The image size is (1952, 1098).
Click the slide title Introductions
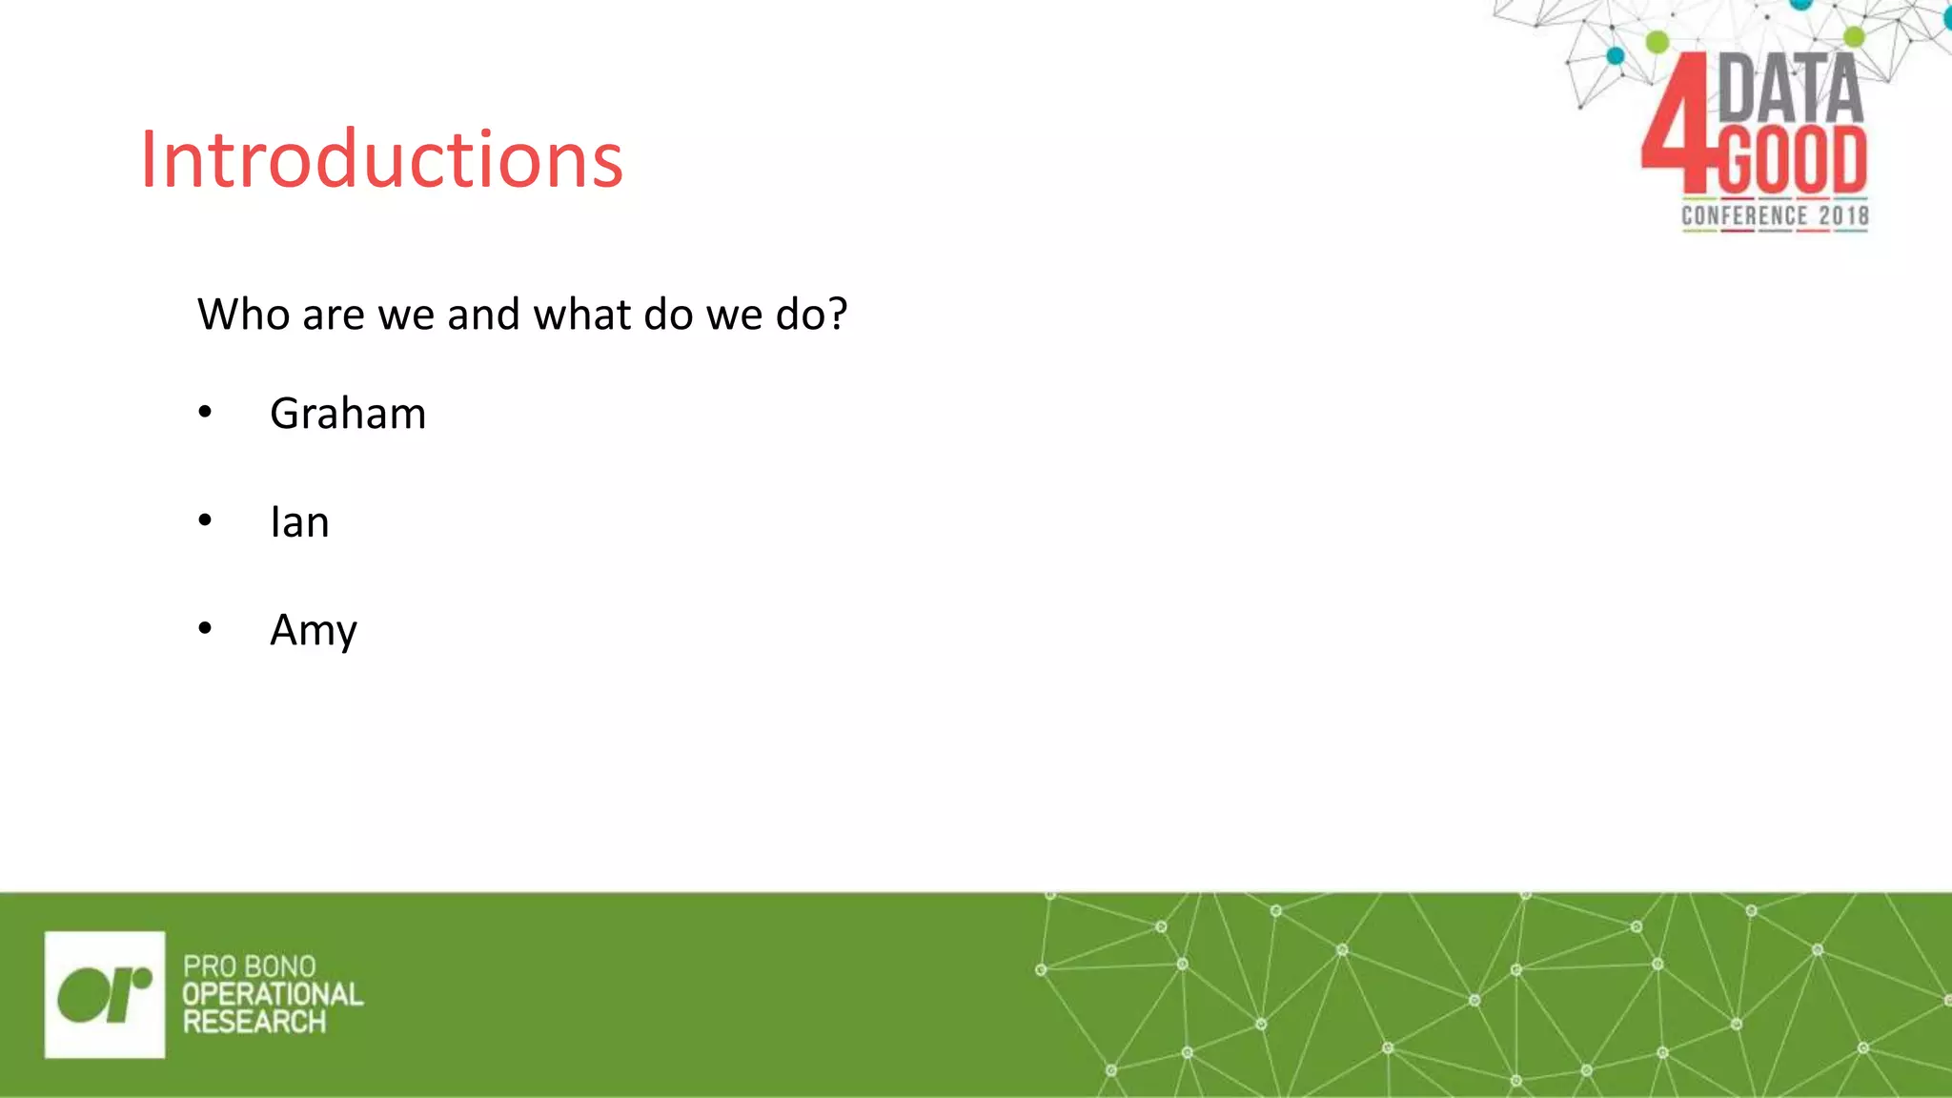pos(381,159)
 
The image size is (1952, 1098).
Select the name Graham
pos(348,415)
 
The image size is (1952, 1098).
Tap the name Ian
pos(299,522)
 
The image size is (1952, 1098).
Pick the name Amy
pos(313,631)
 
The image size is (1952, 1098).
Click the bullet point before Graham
pos(205,413)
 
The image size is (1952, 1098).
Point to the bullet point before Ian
pos(205,520)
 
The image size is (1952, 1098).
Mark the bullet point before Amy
pos(205,629)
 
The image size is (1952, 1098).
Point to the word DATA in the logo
pos(1790,88)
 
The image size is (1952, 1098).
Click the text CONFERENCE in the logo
pos(1743,216)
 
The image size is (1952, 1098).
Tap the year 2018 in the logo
pos(1843,216)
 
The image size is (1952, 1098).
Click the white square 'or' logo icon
pos(105,994)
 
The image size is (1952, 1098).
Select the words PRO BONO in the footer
pos(249,966)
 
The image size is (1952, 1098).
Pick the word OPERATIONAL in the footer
pos(273,994)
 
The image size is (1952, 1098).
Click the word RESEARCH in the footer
pos(254,1023)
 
